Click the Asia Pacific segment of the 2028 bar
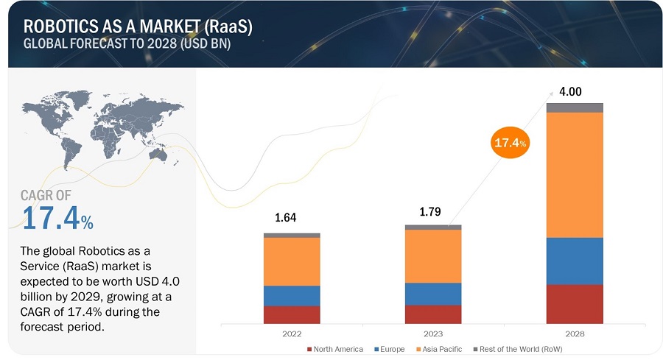(x=575, y=174)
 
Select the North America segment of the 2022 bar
(x=292, y=314)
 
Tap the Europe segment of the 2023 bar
(x=433, y=294)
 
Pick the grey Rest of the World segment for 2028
(x=575, y=107)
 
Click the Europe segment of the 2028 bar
(x=575, y=261)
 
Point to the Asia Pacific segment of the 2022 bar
(x=292, y=261)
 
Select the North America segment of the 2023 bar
(x=433, y=314)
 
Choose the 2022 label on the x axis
(x=292, y=333)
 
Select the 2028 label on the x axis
(x=575, y=333)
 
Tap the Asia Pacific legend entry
(x=434, y=348)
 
